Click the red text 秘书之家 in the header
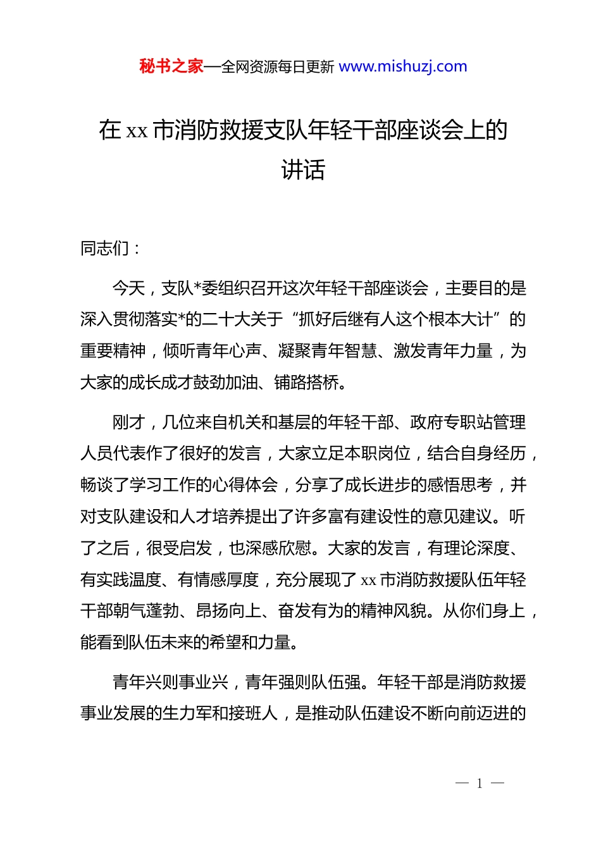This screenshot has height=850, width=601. click(x=171, y=66)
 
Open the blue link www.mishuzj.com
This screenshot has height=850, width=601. click(x=403, y=66)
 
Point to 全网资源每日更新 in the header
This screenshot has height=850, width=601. click(x=278, y=67)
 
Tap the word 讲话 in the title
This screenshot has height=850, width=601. click(x=303, y=169)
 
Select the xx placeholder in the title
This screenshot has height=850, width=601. click(x=137, y=131)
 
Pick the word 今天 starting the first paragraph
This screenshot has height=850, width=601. click(x=128, y=288)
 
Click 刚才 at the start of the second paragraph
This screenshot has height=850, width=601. click(x=128, y=422)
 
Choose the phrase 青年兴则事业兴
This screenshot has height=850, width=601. click(x=170, y=682)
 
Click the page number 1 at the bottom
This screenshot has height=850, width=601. click(x=480, y=784)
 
